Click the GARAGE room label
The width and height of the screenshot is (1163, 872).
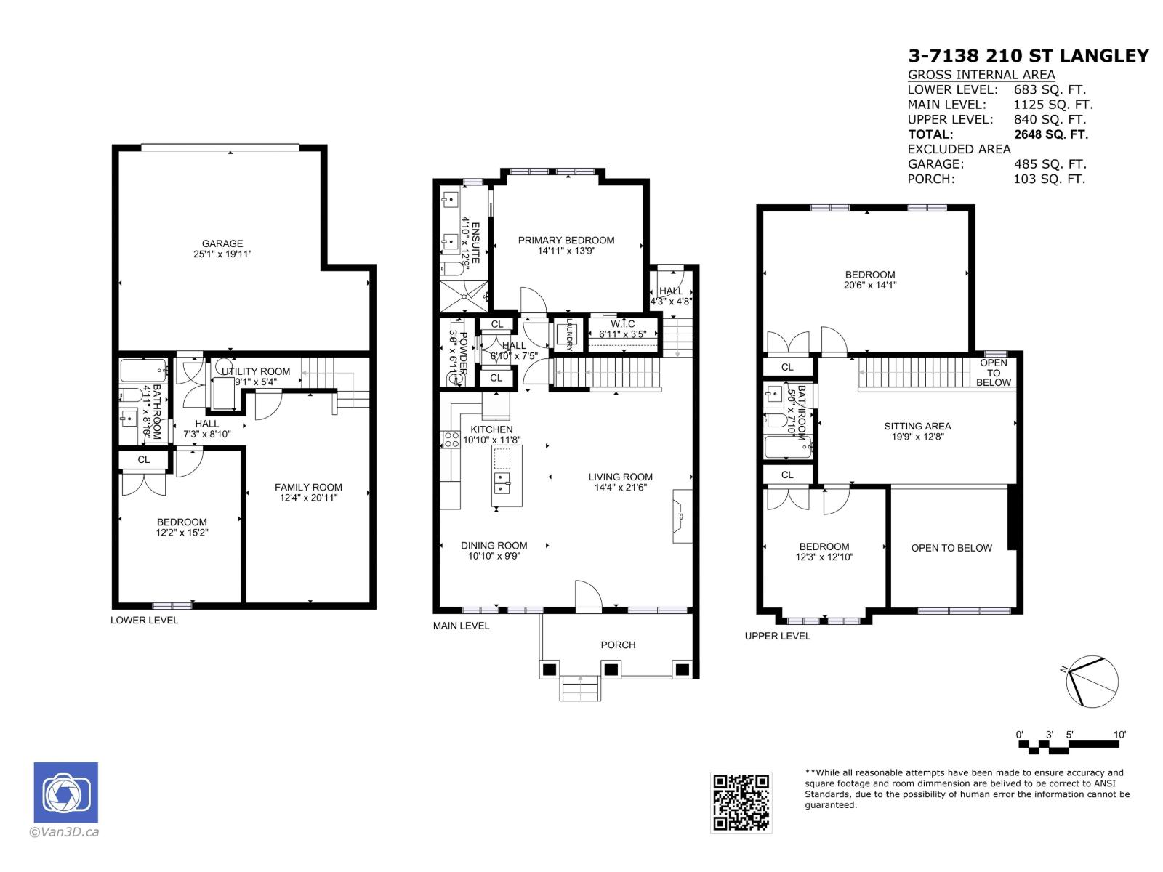click(x=222, y=243)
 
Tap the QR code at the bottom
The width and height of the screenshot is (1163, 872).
click(x=741, y=802)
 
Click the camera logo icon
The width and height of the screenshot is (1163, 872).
click(x=65, y=793)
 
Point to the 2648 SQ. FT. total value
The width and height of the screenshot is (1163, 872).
click(x=1050, y=134)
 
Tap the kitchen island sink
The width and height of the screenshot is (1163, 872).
click(x=502, y=479)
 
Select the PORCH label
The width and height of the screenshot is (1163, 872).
click(x=618, y=645)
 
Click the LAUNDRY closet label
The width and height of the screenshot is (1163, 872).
click(x=570, y=335)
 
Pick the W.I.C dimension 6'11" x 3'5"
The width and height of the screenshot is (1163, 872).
click(x=623, y=334)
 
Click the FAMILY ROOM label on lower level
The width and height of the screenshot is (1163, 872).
click(x=308, y=488)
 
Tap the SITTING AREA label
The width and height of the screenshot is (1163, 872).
click(x=917, y=427)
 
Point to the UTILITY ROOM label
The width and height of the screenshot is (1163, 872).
click(x=256, y=371)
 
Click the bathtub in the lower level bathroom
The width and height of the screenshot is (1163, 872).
click(x=143, y=371)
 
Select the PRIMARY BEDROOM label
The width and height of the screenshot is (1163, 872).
click(x=566, y=241)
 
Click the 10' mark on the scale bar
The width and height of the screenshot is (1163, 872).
click(x=1119, y=735)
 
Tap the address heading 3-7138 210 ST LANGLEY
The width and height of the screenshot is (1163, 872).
click(x=1029, y=56)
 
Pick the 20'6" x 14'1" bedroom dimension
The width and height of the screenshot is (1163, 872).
click(x=870, y=286)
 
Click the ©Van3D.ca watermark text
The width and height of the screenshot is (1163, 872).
click(x=63, y=832)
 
